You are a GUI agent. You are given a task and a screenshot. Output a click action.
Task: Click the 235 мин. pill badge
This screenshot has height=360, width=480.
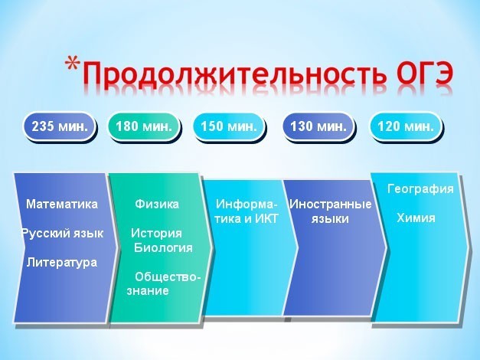(x=60, y=126)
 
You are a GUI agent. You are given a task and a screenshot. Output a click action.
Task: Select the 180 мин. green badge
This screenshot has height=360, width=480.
(x=144, y=126)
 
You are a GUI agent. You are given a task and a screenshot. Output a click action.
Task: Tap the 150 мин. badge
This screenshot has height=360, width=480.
(x=229, y=126)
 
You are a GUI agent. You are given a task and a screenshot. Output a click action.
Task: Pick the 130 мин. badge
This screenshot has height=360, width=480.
(x=318, y=126)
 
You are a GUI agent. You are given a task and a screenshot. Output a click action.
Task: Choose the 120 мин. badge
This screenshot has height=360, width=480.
(x=406, y=126)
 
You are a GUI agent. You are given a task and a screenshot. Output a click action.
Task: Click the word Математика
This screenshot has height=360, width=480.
(x=62, y=204)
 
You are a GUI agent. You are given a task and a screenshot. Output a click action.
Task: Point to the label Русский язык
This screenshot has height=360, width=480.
(x=63, y=234)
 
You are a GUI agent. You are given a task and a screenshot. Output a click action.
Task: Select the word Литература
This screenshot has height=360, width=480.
(x=62, y=263)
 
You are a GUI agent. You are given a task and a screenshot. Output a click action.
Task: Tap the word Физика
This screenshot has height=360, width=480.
(x=157, y=204)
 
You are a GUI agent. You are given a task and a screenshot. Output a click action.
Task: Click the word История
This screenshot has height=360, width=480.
(x=156, y=234)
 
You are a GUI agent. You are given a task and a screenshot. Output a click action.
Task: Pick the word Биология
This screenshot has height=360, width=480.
(x=163, y=247)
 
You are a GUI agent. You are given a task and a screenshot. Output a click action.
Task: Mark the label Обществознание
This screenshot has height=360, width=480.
(x=164, y=283)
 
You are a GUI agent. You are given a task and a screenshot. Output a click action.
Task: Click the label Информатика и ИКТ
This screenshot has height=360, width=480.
(x=247, y=211)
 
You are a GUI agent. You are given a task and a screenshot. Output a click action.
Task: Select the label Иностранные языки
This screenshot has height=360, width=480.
(x=330, y=211)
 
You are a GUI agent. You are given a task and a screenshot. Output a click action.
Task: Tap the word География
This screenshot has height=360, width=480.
(x=420, y=188)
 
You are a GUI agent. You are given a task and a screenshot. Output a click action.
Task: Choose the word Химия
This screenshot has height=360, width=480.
(x=416, y=218)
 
